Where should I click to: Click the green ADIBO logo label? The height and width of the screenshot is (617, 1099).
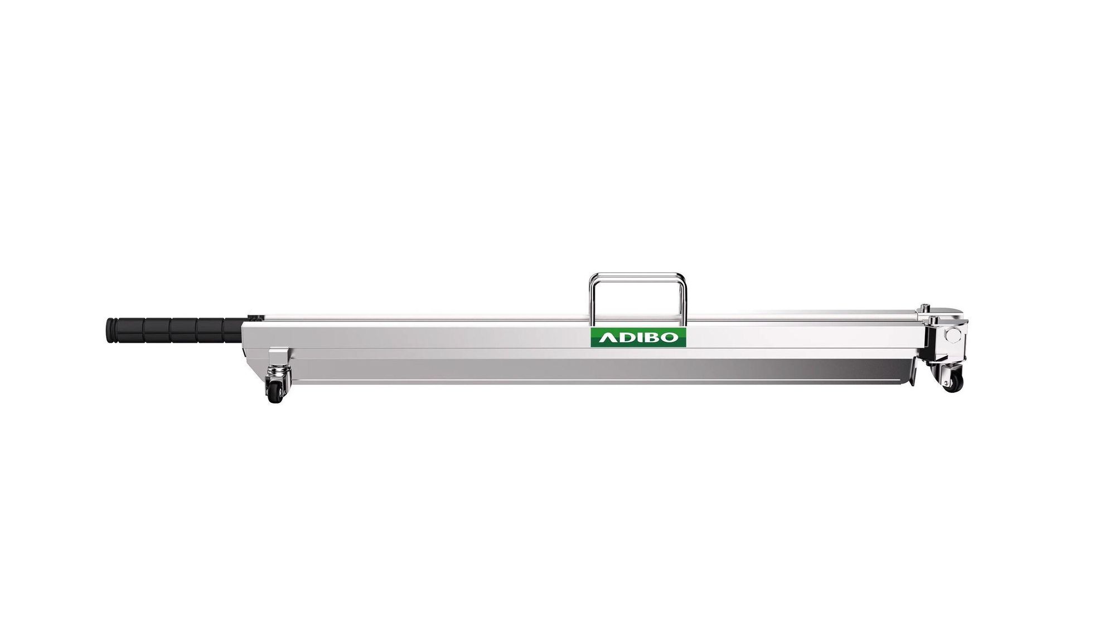[638, 337]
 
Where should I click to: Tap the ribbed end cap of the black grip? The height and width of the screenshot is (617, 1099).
[109, 330]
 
